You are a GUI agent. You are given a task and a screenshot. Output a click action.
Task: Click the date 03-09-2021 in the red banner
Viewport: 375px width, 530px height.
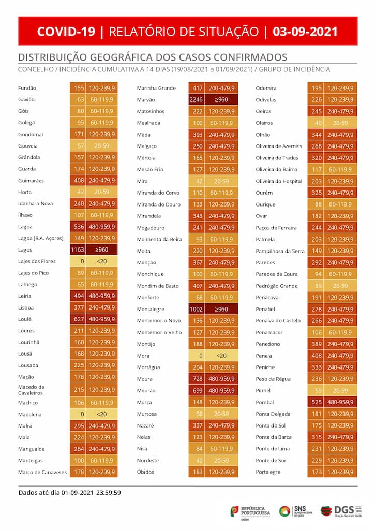305,32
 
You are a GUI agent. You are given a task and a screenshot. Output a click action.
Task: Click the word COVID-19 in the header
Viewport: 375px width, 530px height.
66,32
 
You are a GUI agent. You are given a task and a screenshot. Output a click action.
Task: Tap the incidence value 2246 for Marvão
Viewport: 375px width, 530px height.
196,100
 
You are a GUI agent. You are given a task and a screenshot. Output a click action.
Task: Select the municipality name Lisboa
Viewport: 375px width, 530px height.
26,307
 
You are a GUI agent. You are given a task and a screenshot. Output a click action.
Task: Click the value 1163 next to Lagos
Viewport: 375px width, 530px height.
78,250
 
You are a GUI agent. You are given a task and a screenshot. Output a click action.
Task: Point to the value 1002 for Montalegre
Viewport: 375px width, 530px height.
196,309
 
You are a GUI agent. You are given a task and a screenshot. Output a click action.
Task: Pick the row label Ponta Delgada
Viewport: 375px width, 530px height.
273,414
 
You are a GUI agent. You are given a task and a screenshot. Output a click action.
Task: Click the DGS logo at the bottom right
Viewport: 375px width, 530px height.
341,511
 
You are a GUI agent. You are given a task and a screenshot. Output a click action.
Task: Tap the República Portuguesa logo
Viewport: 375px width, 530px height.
250,511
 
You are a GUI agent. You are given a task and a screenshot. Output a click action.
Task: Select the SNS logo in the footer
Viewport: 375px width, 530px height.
296,511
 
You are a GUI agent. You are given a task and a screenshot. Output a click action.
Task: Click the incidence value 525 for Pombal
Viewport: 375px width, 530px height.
317,402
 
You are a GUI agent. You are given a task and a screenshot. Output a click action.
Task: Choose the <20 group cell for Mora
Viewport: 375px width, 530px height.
221,356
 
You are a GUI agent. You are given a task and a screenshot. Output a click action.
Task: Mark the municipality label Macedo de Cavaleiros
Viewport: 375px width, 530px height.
31,390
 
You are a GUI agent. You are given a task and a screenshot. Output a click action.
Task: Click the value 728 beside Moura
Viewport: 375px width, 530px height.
198,379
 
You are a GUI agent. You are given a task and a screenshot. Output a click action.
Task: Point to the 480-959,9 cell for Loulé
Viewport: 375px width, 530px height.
102,319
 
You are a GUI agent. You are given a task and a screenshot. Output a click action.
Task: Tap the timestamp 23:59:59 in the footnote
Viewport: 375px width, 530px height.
109,493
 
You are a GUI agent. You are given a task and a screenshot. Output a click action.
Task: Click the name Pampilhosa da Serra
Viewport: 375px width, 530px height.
280,251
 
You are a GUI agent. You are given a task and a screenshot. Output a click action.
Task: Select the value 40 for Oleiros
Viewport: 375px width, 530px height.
318,123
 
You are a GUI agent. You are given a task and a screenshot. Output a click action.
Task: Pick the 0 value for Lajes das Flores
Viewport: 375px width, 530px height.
82,261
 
